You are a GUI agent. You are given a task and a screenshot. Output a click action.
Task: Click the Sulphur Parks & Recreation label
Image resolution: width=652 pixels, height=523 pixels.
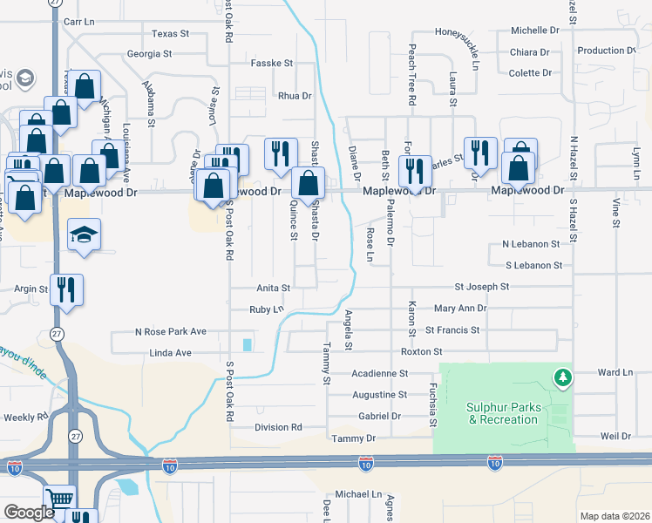tap(502, 413)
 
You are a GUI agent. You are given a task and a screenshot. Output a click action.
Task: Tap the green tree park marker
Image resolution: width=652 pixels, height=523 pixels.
tap(563, 377)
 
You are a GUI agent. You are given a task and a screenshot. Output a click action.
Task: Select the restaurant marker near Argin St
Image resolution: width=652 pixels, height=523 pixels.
tap(66, 289)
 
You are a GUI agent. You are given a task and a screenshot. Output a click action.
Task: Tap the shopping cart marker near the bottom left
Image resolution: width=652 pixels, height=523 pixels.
tap(59, 500)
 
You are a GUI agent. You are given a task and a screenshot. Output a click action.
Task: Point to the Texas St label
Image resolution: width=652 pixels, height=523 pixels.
tap(170, 34)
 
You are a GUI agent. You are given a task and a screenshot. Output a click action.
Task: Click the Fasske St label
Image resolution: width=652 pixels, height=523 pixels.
tap(272, 64)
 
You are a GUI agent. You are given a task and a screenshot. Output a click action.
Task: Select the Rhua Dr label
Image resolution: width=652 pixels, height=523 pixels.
tap(295, 96)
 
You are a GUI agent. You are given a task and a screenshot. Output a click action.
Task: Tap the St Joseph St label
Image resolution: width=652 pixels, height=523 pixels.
tap(482, 286)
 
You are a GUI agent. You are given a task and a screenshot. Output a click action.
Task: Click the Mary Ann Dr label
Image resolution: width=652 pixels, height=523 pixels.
tap(460, 309)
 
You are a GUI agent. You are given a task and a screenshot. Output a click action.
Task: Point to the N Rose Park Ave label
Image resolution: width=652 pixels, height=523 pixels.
tap(170, 331)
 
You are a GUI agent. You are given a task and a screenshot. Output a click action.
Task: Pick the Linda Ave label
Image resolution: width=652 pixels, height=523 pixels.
tap(170, 352)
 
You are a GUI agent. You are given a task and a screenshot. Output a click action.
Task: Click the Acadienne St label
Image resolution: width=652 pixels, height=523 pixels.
tap(379, 373)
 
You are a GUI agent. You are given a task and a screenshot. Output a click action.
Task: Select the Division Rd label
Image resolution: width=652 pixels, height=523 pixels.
tap(278, 427)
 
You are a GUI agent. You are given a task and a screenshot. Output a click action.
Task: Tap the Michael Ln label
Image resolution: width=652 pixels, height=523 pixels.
tap(359, 494)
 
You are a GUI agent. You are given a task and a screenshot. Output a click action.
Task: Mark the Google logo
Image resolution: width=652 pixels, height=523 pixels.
tap(30, 513)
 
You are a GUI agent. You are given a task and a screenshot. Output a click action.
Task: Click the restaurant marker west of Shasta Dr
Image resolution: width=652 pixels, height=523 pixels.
tap(279, 154)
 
